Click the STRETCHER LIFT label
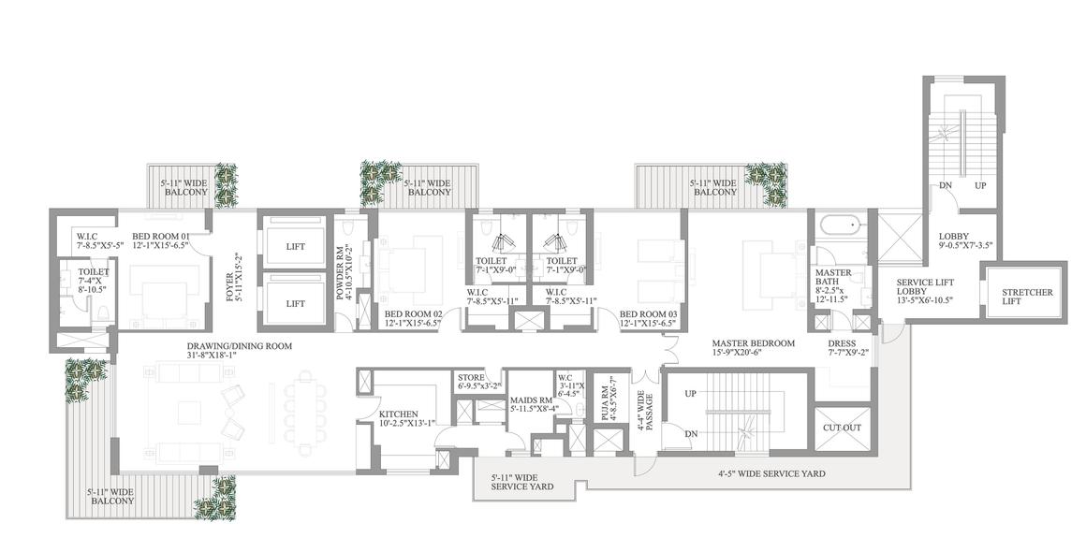coord(1027,297)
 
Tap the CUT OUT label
coord(842,428)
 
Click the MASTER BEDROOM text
coord(754,343)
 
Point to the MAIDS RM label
coord(530,400)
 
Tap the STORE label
coord(471,378)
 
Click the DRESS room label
coord(842,343)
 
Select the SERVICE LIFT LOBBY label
coord(925,287)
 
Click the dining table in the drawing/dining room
coord(305,413)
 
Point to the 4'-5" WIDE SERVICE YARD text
coord(770,473)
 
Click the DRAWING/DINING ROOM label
coord(239,346)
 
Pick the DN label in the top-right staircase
coord(946,185)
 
